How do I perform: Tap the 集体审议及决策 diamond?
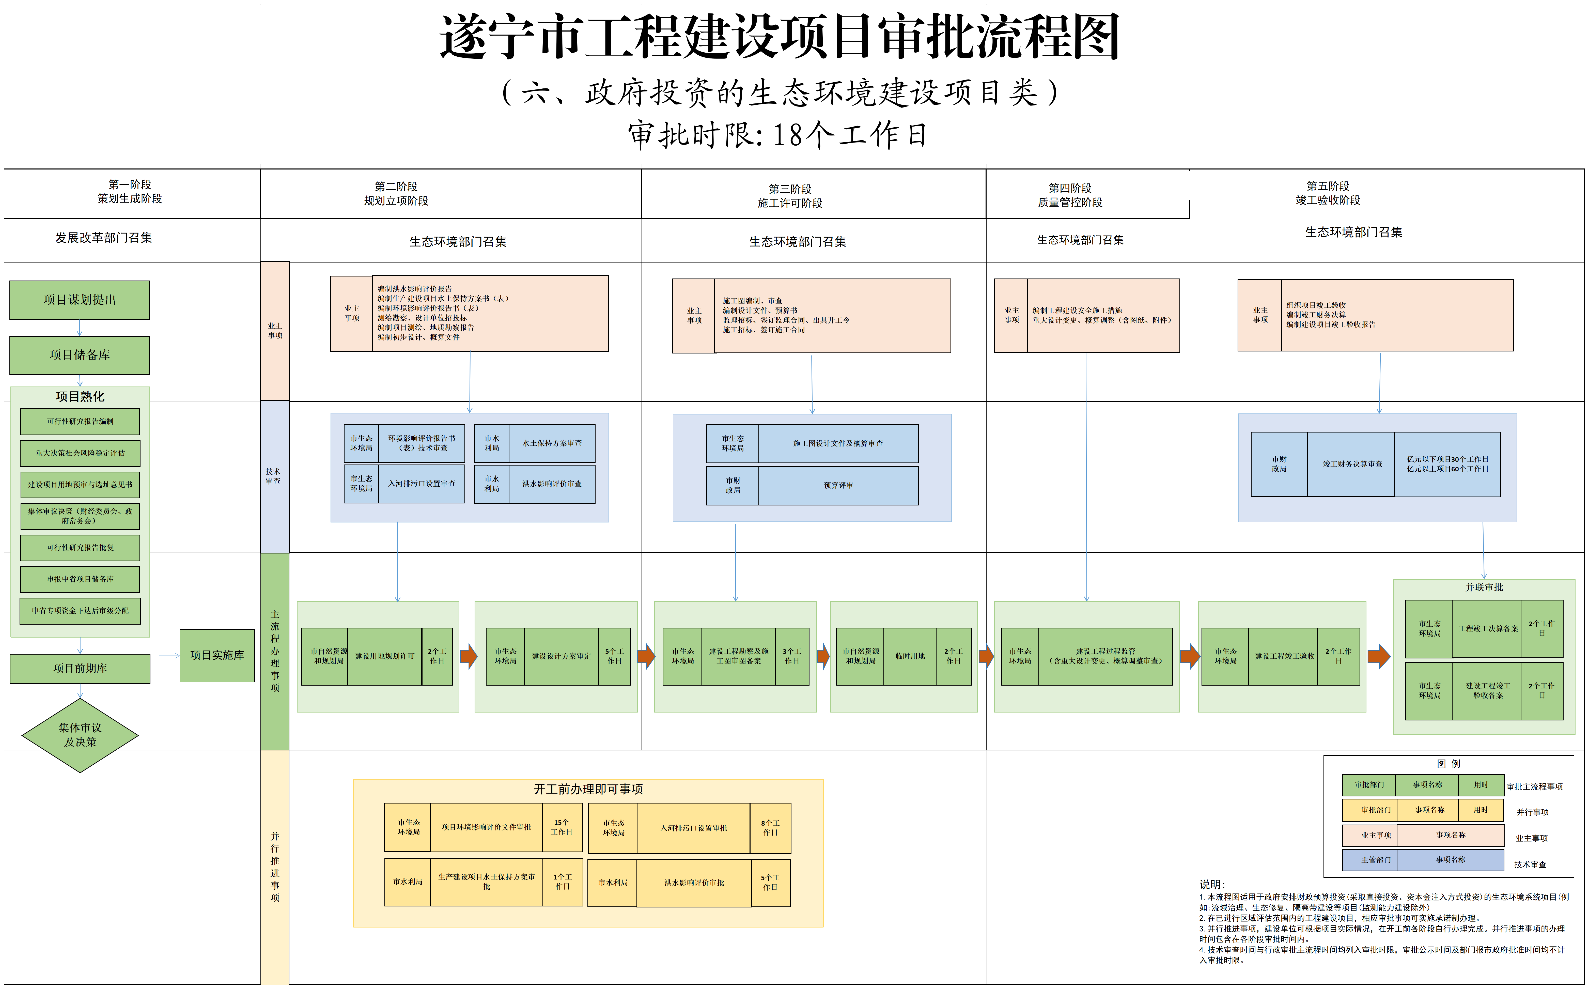[x=80, y=735]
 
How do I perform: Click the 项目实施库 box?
[x=217, y=655]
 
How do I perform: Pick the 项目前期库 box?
[x=80, y=669]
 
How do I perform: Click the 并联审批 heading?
[x=1484, y=588]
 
